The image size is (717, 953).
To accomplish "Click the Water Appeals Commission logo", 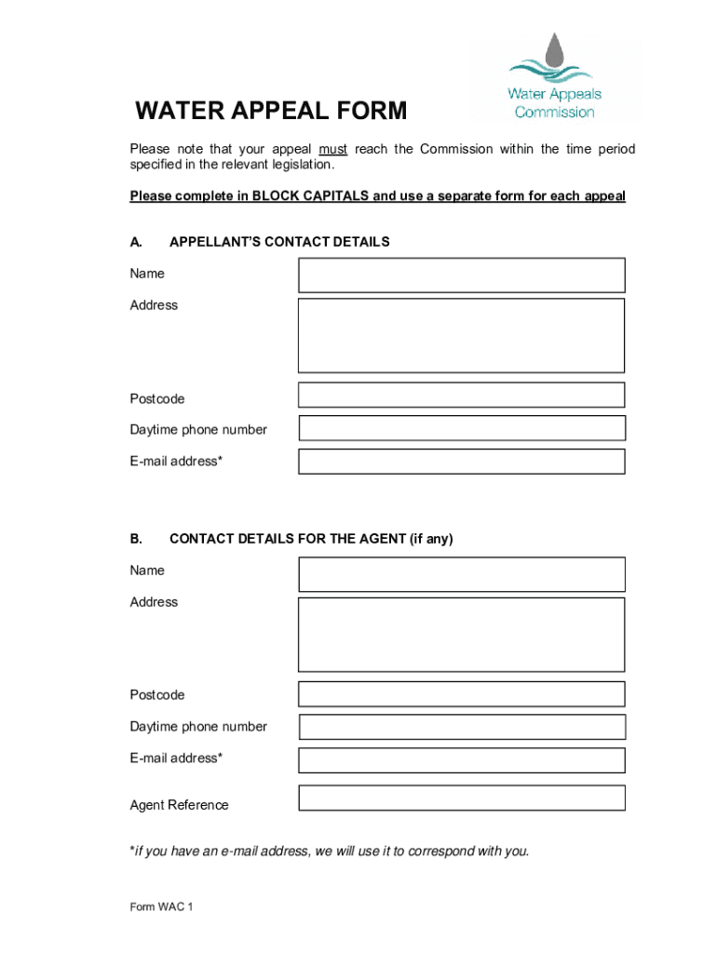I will click(555, 80).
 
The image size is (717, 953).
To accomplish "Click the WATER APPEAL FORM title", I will click(271, 112).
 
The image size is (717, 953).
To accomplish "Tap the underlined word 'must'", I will click(332, 149).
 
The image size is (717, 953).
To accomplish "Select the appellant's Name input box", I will click(461, 275).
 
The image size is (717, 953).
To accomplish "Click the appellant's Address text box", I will click(461, 335).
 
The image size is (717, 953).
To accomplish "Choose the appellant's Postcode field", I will click(461, 395).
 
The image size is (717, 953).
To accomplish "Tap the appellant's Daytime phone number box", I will click(461, 428).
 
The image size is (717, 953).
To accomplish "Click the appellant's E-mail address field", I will click(461, 461).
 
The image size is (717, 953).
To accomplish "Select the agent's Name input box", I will click(461, 574).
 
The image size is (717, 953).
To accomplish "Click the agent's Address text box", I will click(461, 634).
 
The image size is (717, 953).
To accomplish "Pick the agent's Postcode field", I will click(461, 693).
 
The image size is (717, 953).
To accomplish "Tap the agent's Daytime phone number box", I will click(461, 727).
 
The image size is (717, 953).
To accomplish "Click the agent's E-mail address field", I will click(461, 759).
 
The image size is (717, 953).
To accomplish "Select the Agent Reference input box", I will click(461, 798).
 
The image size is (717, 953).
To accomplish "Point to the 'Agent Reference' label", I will click(179, 805).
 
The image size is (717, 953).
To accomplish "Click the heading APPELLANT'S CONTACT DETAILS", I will click(279, 242).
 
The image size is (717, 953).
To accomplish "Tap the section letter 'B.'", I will click(136, 539).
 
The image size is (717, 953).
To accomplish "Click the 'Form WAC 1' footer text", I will click(161, 907).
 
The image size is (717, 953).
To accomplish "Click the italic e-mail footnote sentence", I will click(330, 851).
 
